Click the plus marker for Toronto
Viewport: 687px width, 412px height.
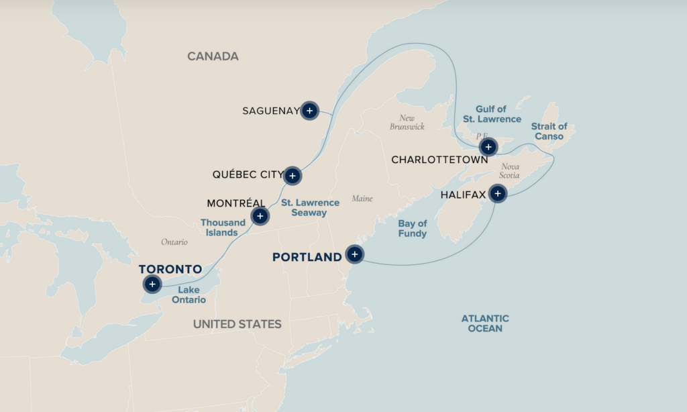152,285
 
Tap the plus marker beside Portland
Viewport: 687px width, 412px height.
354,254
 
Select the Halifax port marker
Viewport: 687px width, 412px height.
497,194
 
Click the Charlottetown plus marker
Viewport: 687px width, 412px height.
488,147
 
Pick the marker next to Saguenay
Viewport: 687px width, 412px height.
309,111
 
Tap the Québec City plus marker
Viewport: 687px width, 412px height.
292,176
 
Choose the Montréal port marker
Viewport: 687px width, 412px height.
260,216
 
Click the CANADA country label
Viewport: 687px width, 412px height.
213,56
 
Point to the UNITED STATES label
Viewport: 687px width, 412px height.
237,324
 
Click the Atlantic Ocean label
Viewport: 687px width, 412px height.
485,323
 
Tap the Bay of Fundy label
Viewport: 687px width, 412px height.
412,229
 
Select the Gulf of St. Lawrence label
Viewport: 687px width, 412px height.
492,114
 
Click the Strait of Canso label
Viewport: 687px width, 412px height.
549,132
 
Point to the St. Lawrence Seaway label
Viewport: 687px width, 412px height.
310,207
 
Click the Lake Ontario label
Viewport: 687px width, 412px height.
189,295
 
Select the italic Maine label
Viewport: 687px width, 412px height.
362,199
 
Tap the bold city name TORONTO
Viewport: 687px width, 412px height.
170,269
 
